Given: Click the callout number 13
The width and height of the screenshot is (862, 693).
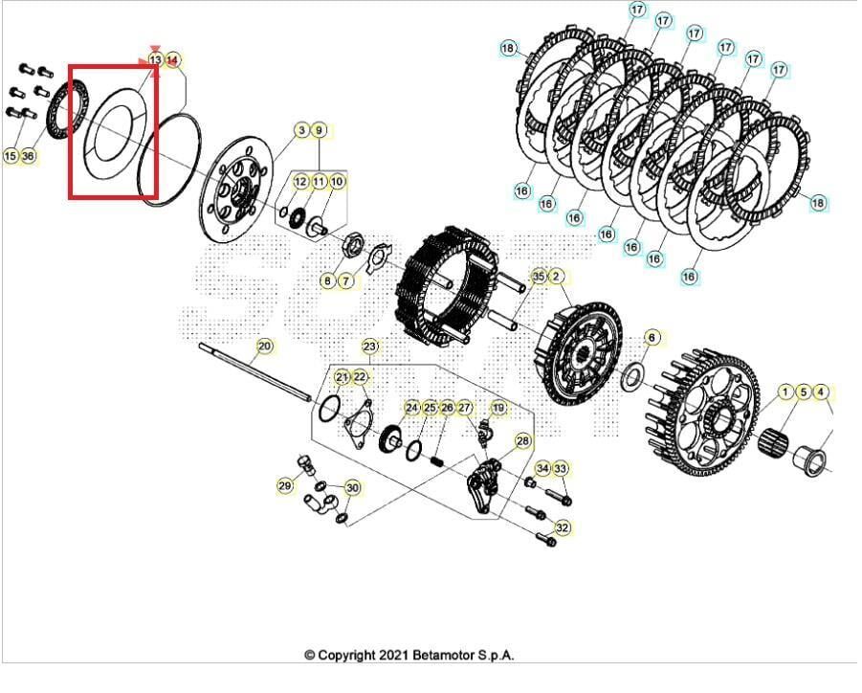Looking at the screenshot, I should coord(155,60).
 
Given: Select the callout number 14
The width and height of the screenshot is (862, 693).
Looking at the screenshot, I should coord(172,60).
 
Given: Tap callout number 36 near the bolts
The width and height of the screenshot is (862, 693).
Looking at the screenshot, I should coord(29,155).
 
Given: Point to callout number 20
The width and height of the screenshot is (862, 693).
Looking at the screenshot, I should coord(265,346).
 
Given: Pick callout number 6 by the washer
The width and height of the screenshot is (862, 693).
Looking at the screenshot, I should coord(652,337).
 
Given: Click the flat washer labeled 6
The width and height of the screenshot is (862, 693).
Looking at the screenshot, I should coord(632,378).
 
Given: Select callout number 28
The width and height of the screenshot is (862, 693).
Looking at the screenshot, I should coord(522,441).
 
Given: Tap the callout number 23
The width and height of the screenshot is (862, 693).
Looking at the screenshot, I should coord(370,346).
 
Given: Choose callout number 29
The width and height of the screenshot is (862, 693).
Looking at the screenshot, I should coord(285,486).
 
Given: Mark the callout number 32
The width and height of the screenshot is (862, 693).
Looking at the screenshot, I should coord(563,528).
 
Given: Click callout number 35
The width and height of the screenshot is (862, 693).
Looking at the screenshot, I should coord(539,277).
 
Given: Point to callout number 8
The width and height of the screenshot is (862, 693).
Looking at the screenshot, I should coord(327,280).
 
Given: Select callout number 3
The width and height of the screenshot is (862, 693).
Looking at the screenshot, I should coord(301,130).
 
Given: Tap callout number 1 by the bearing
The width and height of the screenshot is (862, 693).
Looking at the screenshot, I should coord(785,391).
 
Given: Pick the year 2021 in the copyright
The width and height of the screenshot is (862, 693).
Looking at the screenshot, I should coord(396,656).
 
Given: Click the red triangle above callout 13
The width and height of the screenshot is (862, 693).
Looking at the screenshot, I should coord(155,47).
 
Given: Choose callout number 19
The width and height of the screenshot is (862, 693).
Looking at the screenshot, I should coord(497,409).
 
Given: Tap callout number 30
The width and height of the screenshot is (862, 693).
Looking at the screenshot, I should coord(353,488).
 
